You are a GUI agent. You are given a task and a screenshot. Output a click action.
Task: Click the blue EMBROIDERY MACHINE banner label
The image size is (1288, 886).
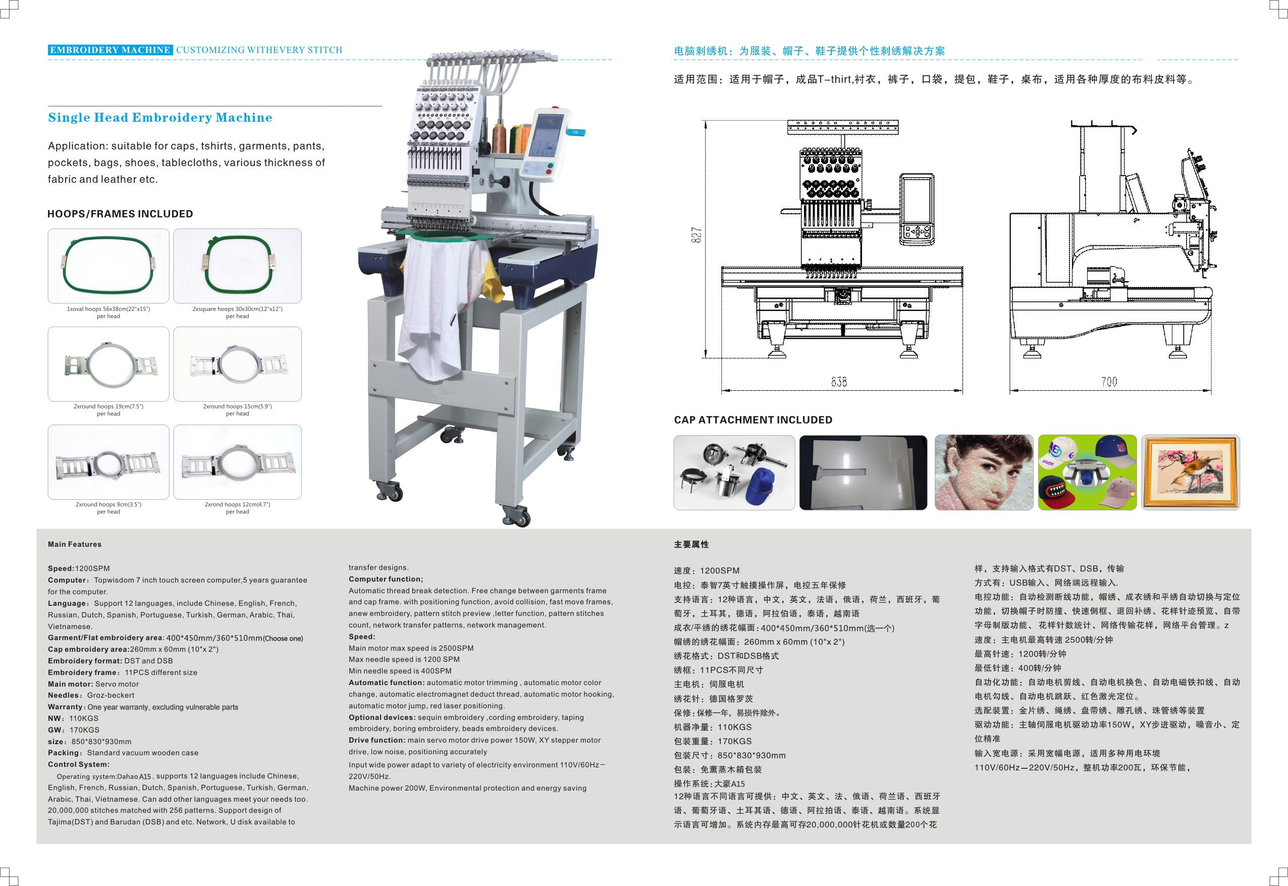tap(110, 50)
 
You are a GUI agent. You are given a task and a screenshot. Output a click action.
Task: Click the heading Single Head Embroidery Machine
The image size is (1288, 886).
tap(160, 118)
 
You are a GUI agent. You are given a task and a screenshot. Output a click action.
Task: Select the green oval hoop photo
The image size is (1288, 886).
tap(108, 266)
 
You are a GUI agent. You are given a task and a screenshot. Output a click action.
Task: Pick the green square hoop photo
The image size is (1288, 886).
tap(238, 266)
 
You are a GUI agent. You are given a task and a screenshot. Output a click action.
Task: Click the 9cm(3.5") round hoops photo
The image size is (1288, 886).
tap(108, 462)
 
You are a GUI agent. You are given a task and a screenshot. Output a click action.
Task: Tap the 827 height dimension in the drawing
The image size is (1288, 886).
tap(696, 235)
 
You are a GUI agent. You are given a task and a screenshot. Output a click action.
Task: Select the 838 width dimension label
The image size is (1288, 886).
tap(838, 382)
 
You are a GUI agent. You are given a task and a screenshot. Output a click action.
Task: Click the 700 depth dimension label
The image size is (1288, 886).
tap(1109, 382)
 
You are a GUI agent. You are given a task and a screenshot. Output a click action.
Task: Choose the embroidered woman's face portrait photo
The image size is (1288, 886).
tap(983, 473)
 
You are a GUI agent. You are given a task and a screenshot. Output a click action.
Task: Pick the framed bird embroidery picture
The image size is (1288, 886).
tap(1190, 473)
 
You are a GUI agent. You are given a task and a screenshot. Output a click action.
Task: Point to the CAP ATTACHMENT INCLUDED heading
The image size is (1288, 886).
tap(753, 420)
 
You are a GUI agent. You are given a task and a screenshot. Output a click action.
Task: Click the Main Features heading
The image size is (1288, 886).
tap(74, 545)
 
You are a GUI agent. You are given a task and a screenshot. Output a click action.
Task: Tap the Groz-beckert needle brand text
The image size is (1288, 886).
tap(111, 696)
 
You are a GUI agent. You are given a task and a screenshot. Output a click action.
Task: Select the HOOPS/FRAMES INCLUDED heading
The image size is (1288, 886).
tap(120, 214)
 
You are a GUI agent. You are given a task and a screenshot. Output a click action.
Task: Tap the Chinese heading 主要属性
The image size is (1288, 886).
tap(691, 545)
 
